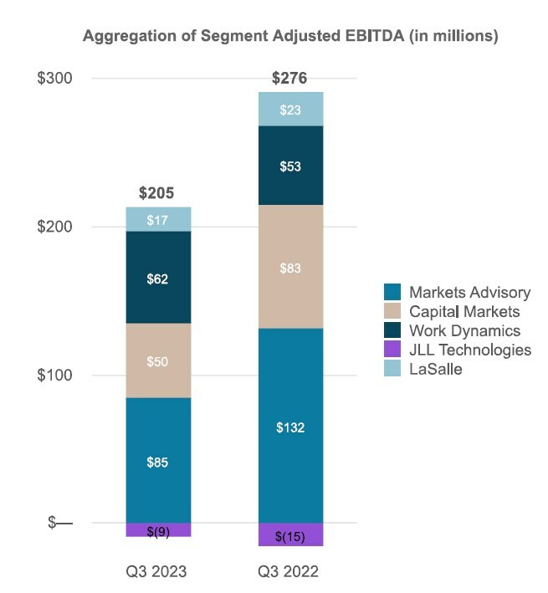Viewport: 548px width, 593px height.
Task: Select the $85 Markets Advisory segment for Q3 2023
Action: (158, 461)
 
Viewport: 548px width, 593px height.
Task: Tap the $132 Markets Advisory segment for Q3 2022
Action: (290, 427)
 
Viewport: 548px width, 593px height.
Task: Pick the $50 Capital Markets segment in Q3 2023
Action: (158, 360)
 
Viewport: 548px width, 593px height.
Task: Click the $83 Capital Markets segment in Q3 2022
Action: (290, 268)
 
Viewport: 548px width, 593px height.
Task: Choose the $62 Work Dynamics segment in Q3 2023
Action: (158, 278)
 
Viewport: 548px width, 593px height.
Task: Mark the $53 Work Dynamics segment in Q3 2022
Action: (290, 166)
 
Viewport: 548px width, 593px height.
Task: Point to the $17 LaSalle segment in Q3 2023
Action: (158, 219)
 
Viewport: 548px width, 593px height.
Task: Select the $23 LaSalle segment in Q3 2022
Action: (290, 109)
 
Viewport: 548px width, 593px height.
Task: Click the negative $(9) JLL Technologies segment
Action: (158, 530)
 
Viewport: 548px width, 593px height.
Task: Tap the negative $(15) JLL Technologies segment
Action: (290, 535)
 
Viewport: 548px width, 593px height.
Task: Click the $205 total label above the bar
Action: (156, 193)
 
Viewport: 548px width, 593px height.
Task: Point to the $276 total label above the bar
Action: (289, 79)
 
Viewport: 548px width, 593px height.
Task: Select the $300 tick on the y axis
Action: (55, 79)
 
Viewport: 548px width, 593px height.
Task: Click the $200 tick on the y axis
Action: (55, 227)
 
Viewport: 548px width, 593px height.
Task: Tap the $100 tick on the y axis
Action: (55, 375)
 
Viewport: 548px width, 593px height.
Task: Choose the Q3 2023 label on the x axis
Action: (158, 573)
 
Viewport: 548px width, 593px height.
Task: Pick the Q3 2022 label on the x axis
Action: (290, 573)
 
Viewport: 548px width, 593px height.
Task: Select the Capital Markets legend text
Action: (464, 312)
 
